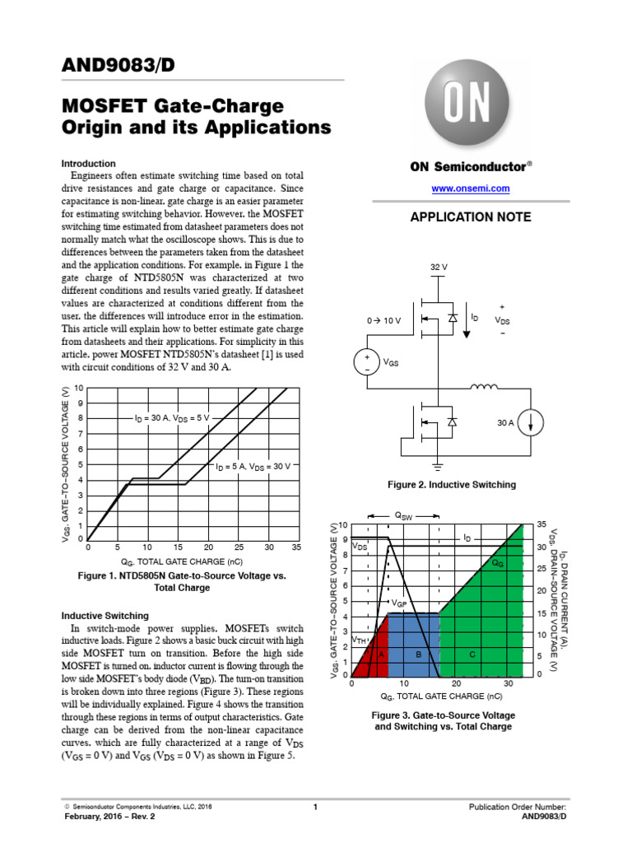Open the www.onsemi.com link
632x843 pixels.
pyautogui.click(x=471, y=189)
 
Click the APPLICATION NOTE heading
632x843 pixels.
pyautogui.click(x=471, y=217)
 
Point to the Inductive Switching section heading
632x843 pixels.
pyautogui.click(x=105, y=615)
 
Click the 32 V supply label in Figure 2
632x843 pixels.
pyautogui.click(x=439, y=268)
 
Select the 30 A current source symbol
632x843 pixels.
pyautogui.click(x=532, y=423)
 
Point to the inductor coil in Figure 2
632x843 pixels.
pyautogui.click(x=485, y=386)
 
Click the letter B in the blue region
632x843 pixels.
pyautogui.click(x=418, y=654)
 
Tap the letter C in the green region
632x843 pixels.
pyautogui.click(x=472, y=654)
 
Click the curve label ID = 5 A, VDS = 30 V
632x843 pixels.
pyautogui.click(x=253, y=467)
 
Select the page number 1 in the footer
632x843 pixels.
pyautogui.click(x=315, y=808)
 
